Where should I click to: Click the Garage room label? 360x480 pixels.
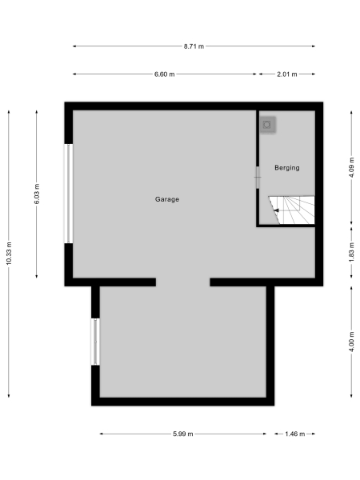click(x=167, y=199)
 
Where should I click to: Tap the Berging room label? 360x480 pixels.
click(x=286, y=168)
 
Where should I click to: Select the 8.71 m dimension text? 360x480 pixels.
click(x=194, y=46)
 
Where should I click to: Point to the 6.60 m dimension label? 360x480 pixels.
click(x=165, y=74)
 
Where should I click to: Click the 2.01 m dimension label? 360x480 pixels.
click(x=286, y=74)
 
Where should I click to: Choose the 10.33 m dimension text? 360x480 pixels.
click(x=9, y=253)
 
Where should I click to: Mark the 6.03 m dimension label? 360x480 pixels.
click(x=38, y=194)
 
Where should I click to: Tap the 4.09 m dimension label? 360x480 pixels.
click(x=352, y=169)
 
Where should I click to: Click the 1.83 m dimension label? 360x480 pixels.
click(x=352, y=252)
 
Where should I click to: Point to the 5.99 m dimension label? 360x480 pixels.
click(x=183, y=434)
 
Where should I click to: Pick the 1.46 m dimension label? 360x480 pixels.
click(x=294, y=434)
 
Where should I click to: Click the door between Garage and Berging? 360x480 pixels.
click(x=258, y=177)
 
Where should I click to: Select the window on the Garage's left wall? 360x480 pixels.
click(x=69, y=193)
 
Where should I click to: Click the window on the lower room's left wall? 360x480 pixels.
click(x=95, y=342)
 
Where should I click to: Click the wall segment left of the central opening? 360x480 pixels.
click(x=112, y=282)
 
